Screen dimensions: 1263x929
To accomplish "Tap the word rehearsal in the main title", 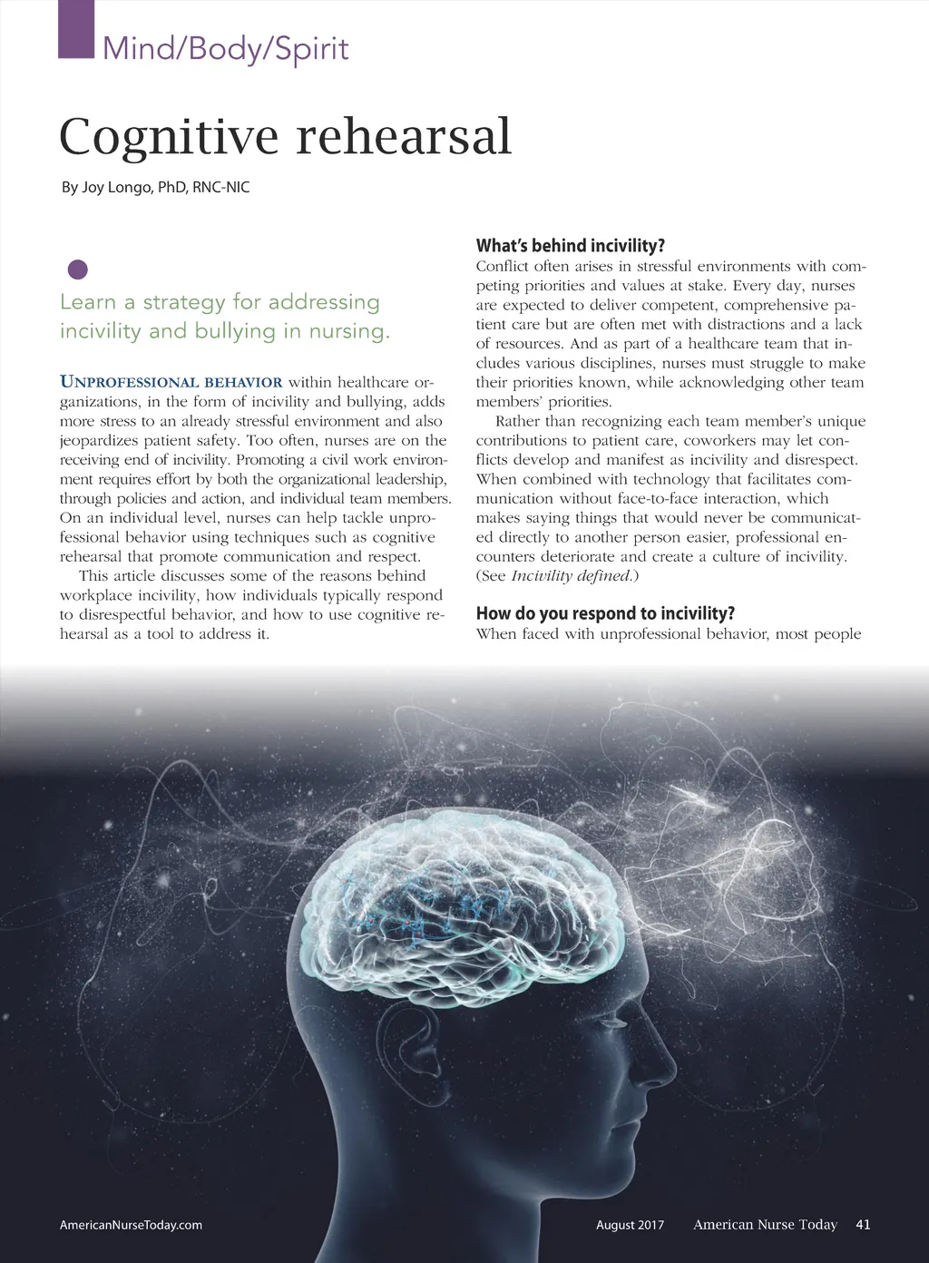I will click(x=404, y=136).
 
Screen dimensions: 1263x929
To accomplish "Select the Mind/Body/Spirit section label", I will click(x=225, y=48).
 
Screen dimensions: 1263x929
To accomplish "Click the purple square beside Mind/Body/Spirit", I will click(x=76, y=30).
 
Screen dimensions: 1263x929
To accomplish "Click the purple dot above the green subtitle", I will click(x=78, y=269).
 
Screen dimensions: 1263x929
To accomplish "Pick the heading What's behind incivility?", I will click(x=571, y=246).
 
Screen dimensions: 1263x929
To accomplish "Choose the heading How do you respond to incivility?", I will click(x=605, y=613).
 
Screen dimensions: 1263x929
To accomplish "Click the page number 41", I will click(x=863, y=1225).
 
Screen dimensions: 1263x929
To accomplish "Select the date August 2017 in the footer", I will click(x=630, y=1225).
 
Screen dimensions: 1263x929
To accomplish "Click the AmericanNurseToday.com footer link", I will click(x=131, y=1225).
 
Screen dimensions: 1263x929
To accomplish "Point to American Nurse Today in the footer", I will click(x=765, y=1225).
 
